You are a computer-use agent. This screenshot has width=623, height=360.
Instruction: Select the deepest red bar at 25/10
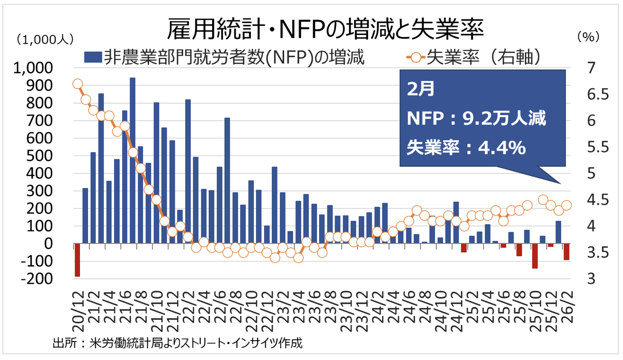tap(535, 256)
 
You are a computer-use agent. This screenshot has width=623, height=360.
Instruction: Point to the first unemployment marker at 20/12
tap(78, 84)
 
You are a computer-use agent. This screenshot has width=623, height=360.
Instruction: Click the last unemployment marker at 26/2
tap(566, 205)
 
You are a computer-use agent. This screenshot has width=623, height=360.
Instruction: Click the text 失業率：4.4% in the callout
tap(466, 148)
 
